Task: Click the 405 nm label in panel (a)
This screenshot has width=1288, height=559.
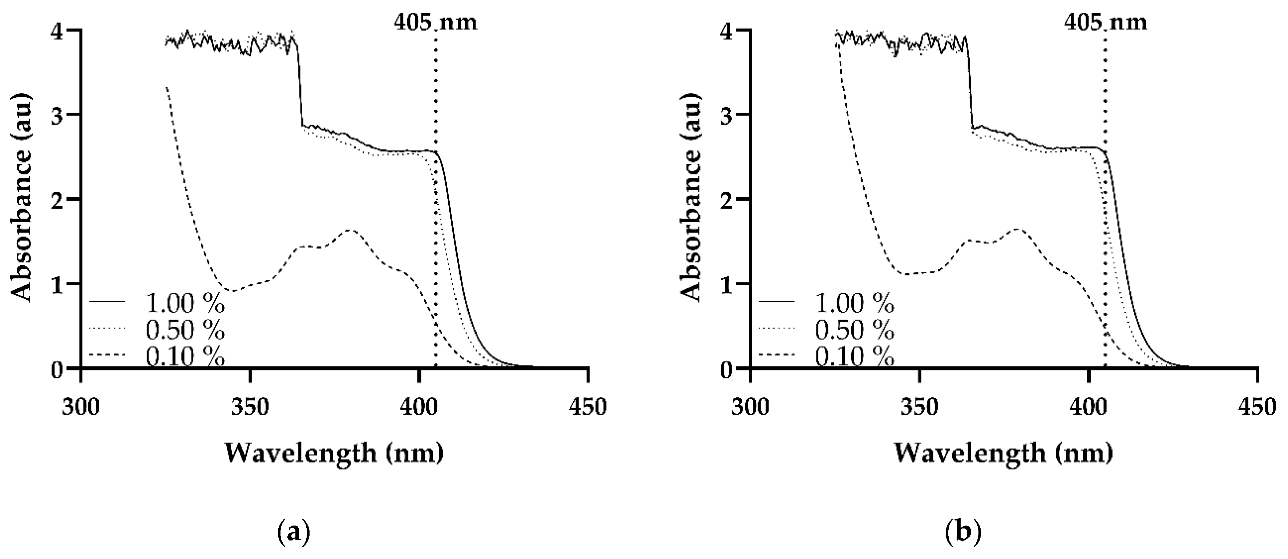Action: point(435,22)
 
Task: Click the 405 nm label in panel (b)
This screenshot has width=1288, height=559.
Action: point(1105,22)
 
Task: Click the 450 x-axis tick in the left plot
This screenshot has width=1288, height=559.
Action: point(588,407)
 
